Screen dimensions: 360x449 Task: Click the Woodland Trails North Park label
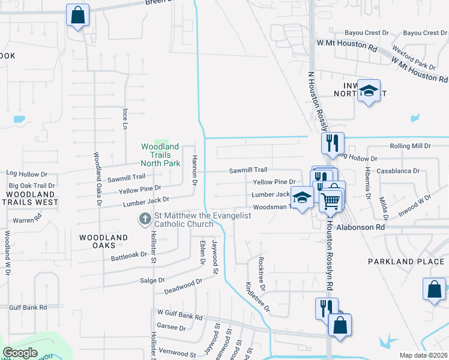(160, 155)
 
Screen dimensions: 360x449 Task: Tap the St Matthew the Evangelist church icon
(145, 220)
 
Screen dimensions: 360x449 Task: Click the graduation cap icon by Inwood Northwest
(369, 91)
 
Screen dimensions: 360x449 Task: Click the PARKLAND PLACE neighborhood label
(399, 262)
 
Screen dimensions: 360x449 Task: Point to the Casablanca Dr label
(398, 171)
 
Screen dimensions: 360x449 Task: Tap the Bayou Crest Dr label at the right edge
(427, 33)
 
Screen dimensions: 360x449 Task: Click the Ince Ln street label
(125, 119)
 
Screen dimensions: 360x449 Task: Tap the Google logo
(20, 353)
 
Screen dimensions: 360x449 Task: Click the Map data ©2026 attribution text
(423, 355)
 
